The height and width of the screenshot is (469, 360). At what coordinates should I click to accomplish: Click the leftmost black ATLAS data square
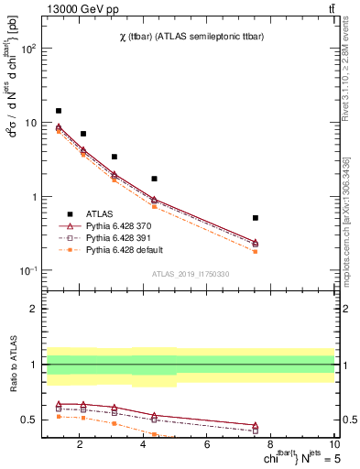(59, 111)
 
